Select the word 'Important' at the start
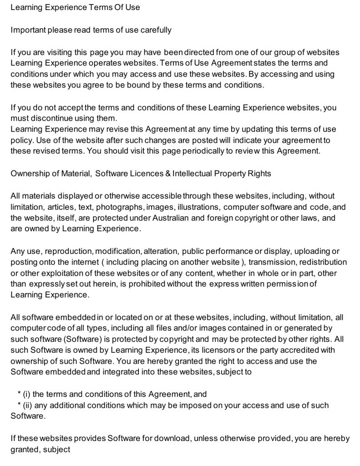coord(28,30)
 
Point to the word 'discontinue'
coord(52,118)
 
